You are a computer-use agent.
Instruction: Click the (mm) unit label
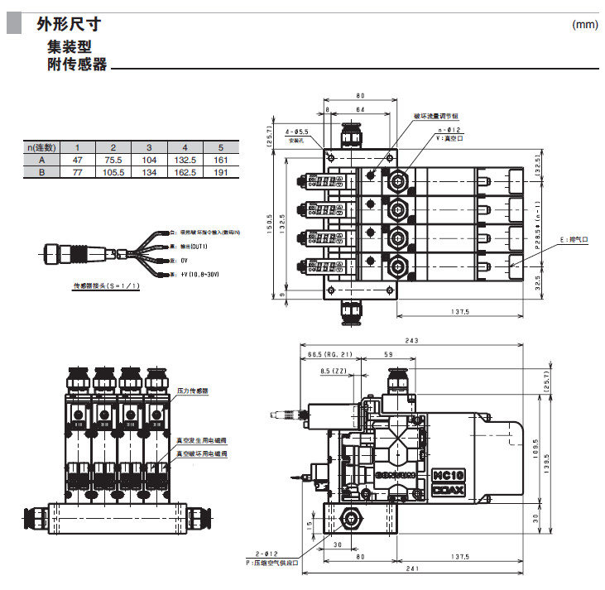point(584,24)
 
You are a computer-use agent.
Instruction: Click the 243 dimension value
point(411,341)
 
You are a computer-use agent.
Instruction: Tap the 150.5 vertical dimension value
point(269,223)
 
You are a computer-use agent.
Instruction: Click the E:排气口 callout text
point(573,239)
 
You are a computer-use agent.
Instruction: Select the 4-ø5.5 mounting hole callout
point(296,132)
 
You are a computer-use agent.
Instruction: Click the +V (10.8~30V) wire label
point(194,272)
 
